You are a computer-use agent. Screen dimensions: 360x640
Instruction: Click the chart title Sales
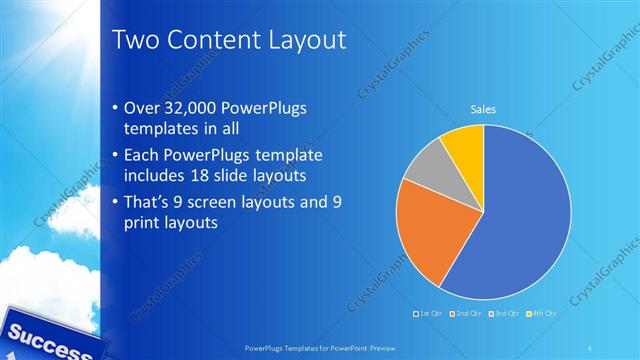click(x=484, y=110)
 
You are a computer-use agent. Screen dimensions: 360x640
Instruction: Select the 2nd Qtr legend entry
click(x=466, y=314)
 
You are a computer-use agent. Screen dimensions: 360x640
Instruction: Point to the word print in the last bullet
click(x=141, y=222)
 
